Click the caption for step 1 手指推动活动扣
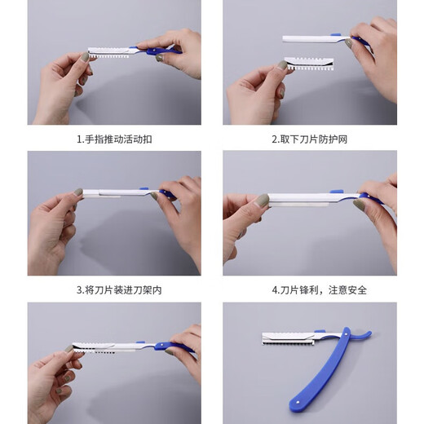tap(113, 139)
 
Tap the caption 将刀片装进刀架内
tap(113, 289)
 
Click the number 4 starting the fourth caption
tap(274, 289)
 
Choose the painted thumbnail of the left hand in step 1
tap(85, 57)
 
